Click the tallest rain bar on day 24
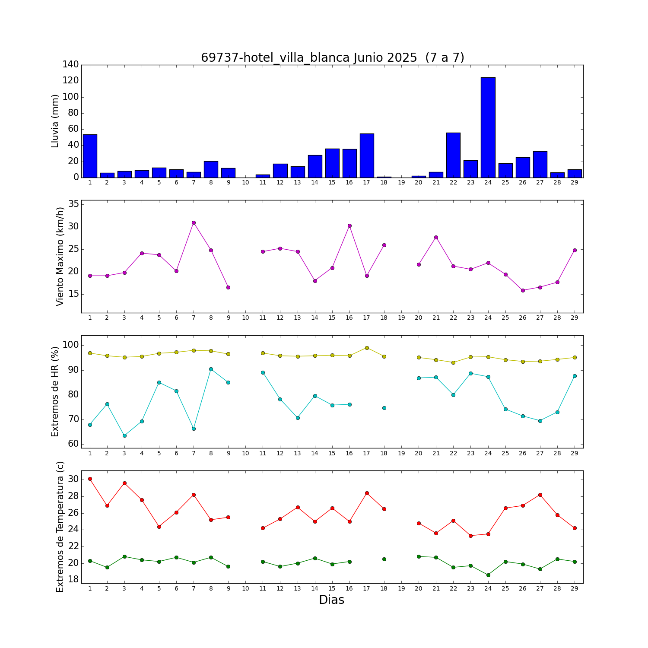(x=488, y=127)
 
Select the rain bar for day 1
(x=90, y=156)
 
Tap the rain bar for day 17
(x=367, y=156)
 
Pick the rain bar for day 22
(x=453, y=155)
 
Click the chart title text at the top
(x=332, y=57)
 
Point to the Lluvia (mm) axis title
(x=55, y=121)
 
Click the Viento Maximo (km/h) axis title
(x=60, y=256)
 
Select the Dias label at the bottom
(x=331, y=600)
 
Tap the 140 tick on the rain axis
(x=71, y=65)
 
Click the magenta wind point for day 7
(x=194, y=222)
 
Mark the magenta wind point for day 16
(x=349, y=226)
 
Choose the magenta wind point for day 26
(x=523, y=290)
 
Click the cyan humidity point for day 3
(x=124, y=435)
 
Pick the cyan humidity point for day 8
(x=211, y=369)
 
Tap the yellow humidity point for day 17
(x=367, y=348)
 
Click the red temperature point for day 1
(x=90, y=479)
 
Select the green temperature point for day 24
(x=488, y=575)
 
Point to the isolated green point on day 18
(x=384, y=559)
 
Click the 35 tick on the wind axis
(x=73, y=204)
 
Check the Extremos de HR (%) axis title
(x=55, y=391)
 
